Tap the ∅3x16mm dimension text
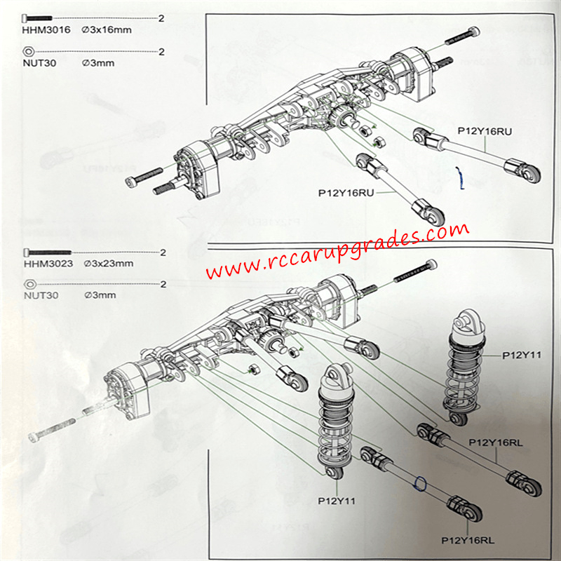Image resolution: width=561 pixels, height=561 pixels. [x=107, y=30]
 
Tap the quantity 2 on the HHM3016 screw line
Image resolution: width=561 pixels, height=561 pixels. [x=161, y=18]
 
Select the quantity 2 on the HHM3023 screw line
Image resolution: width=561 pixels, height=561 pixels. [x=162, y=252]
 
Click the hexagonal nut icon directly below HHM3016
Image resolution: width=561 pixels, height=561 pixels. [x=28, y=51]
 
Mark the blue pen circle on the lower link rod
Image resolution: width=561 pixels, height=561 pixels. [x=421, y=482]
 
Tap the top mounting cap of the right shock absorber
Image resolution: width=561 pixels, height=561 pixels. [x=464, y=323]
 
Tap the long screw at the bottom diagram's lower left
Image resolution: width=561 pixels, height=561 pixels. [x=53, y=428]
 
